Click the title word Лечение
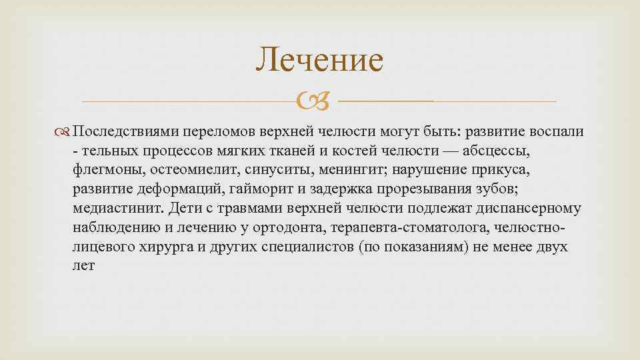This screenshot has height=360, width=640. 320,59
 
